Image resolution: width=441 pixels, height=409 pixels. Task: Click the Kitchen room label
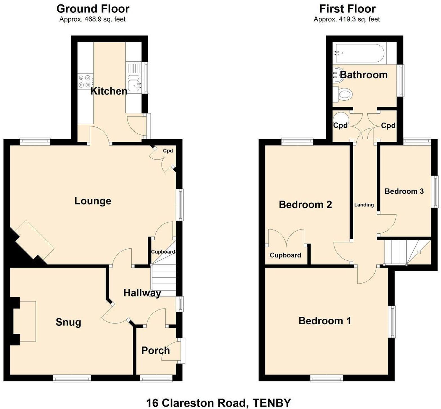pos(109,91)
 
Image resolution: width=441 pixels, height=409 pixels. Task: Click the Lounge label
pos(93,201)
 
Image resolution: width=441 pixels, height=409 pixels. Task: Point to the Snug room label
pos(68,322)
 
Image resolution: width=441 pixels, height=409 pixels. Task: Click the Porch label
pos(155,350)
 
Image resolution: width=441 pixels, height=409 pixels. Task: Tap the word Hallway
pos(142,293)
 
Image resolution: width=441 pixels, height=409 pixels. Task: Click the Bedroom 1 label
pos(325,321)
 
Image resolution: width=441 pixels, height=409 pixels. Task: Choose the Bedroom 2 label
pos(305,205)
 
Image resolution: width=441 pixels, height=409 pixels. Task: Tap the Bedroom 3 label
pos(404,191)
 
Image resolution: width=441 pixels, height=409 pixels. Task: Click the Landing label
pos(364,205)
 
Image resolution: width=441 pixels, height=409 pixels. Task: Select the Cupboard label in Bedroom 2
pos(285,255)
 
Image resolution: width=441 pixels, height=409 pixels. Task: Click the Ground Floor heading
pos(93,9)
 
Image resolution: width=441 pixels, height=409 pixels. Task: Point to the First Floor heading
pos(347,9)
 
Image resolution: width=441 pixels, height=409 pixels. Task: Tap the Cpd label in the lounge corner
pos(168,151)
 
